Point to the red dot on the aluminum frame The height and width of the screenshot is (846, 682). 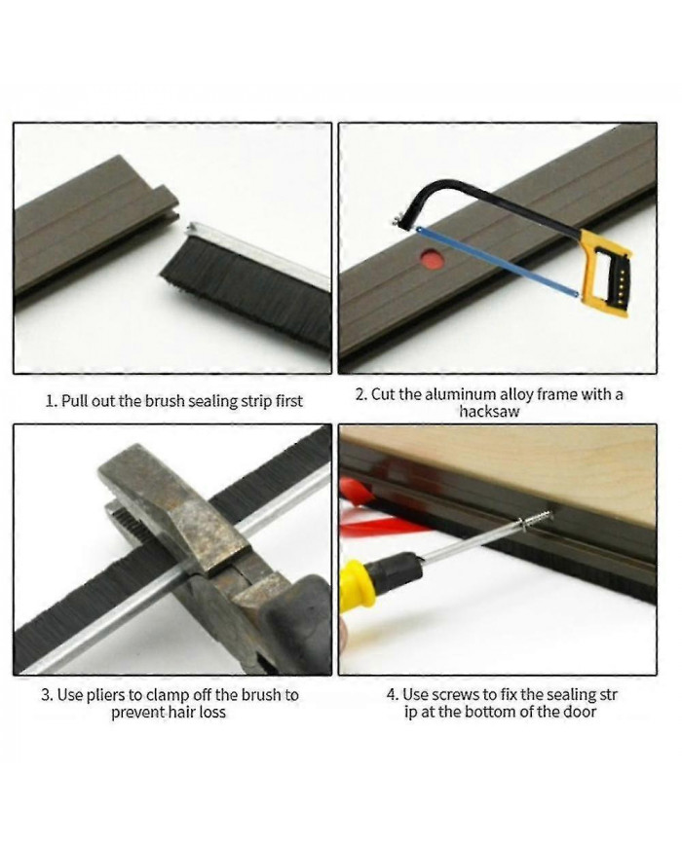pos(433,258)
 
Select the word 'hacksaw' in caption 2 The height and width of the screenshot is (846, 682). pos(489,412)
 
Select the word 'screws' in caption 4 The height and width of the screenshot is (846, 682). pos(453,695)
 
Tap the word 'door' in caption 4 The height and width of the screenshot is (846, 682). pos(581,713)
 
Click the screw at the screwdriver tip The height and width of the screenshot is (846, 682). pos(535,520)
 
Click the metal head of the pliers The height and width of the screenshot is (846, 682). pos(178,518)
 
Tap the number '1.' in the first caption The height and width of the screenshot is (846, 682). pos(52,401)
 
